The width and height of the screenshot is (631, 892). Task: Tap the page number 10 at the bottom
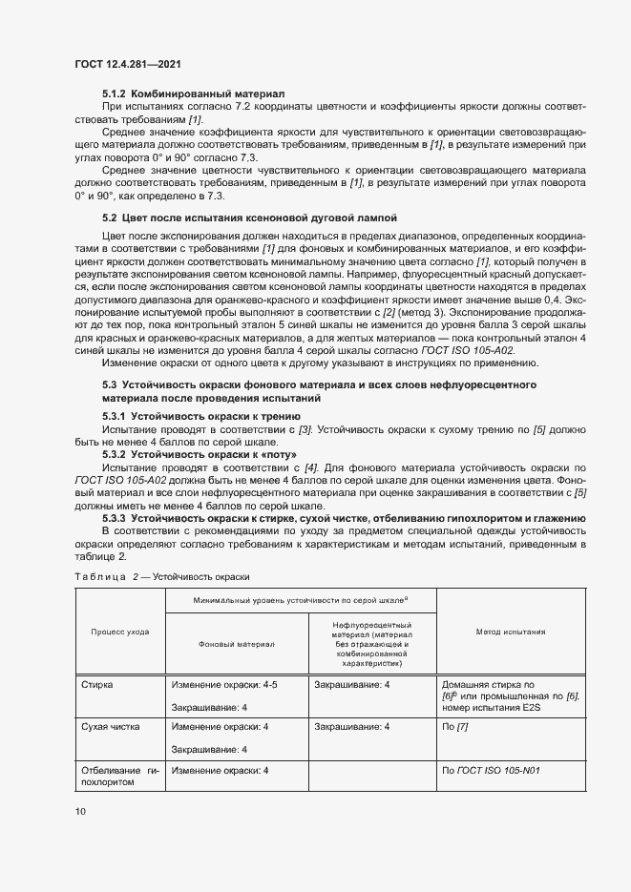(80, 812)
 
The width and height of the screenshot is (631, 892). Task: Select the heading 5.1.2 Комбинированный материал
(193, 94)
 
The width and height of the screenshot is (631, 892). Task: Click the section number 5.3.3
(115, 517)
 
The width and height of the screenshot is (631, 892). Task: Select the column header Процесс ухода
(118, 632)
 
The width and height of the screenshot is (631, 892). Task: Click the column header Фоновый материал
(236, 644)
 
